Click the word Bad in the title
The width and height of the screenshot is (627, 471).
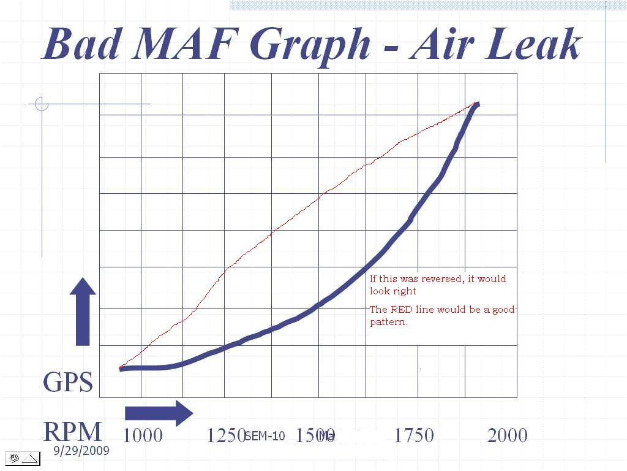[80, 44]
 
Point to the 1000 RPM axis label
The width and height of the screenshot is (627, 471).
[143, 435]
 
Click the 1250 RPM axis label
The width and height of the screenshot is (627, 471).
[225, 435]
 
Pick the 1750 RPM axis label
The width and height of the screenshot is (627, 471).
[413, 435]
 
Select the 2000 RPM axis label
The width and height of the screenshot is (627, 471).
[507, 435]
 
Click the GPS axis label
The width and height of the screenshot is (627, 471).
[68, 383]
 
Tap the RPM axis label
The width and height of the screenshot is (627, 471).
[72, 432]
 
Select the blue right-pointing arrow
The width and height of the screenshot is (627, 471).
[159, 413]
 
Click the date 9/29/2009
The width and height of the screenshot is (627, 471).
[81, 451]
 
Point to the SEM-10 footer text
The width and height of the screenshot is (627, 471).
[265, 436]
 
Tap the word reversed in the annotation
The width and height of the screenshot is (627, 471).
[441, 279]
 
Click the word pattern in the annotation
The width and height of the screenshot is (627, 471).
[388, 322]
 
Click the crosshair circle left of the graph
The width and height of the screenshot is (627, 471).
[42, 104]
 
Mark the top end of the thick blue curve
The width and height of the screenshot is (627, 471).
[477, 105]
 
